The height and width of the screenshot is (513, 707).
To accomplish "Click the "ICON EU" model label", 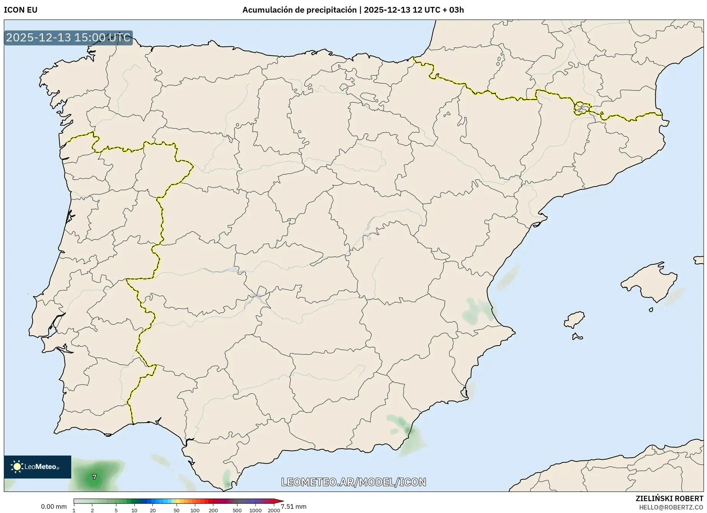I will point(21,10).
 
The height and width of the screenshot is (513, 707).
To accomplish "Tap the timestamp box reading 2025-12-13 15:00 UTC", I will point(68,38).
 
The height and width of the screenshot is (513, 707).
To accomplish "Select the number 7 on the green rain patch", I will point(95,477).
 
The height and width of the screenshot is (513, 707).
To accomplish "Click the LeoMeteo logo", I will point(38,467).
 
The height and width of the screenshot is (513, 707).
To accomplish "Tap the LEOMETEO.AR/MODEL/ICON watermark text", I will point(353,482).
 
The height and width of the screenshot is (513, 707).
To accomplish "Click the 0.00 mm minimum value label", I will point(54,506).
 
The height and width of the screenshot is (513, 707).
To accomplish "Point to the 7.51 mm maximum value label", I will point(294,506).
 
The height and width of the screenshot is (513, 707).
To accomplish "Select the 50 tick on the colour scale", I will point(176,510).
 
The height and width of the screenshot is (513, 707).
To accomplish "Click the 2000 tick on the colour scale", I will point(273,510).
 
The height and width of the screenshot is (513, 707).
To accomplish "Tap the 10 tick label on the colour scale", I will point(134,510).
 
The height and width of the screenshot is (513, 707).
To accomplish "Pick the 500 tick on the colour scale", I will point(237,510).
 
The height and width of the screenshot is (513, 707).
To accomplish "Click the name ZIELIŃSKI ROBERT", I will point(669,498).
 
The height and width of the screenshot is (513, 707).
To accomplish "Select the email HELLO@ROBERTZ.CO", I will point(671,507).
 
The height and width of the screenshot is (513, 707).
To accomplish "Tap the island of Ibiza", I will point(574,320).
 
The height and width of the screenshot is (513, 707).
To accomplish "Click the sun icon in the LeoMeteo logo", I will point(17,467).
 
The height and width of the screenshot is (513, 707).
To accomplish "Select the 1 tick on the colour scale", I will point(74,510).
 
